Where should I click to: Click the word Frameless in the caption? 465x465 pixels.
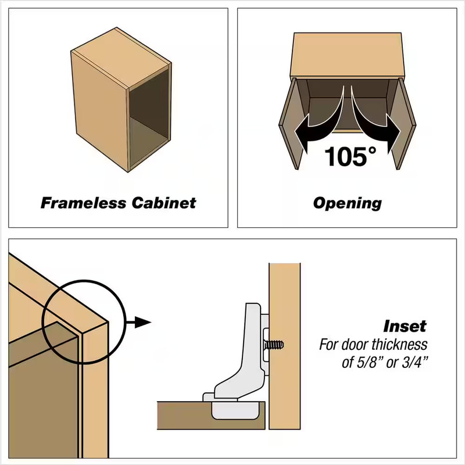(x=83, y=203)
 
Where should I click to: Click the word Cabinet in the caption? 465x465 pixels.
(x=164, y=203)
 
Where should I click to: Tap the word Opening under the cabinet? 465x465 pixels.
(x=347, y=204)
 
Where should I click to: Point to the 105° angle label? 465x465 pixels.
(x=350, y=156)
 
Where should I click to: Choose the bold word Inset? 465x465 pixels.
(x=405, y=326)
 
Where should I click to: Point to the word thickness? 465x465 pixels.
(x=399, y=345)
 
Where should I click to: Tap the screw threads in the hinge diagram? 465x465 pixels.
(x=274, y=345)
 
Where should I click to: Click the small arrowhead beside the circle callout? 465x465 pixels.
(x=143, y=322)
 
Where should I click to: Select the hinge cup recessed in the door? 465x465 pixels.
(x=235, y=410)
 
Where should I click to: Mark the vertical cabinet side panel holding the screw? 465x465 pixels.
(x=285, y=346)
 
